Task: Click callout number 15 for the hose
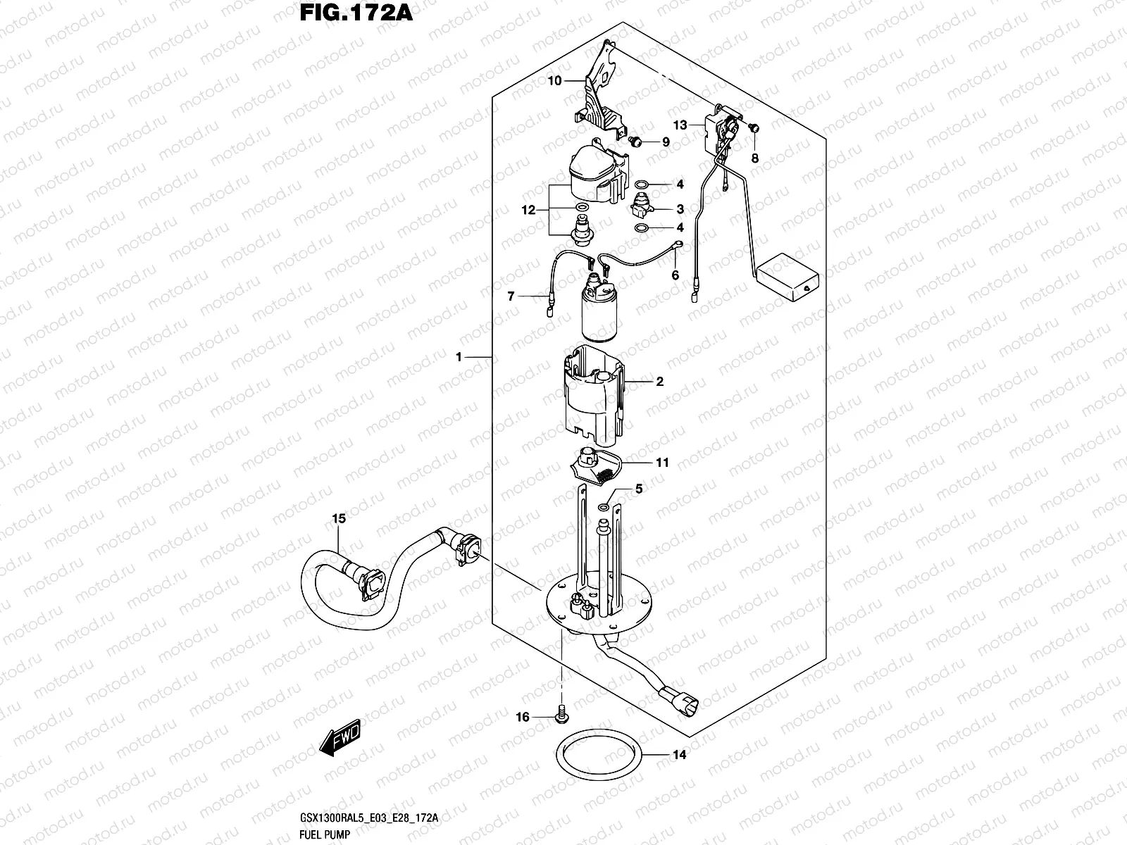point(339,519)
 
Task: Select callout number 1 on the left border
point(459,358)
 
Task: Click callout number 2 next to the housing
point(659,382)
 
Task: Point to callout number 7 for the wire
point(511,297)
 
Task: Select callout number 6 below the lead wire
point(675,275)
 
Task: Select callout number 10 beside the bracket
point(554,81)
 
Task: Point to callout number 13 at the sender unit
point(679,125)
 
